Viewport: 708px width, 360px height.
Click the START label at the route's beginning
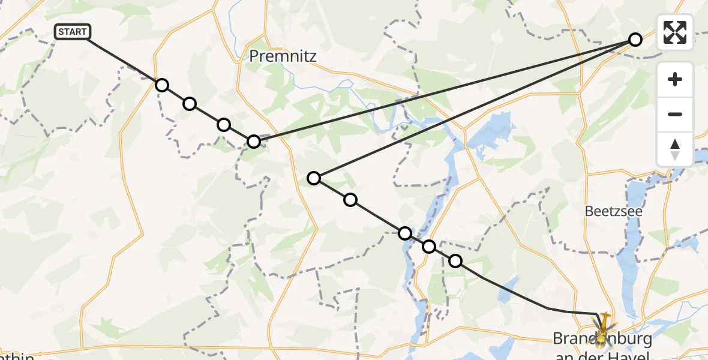[x=73, y=32]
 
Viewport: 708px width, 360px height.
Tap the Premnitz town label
[x=283, y=56]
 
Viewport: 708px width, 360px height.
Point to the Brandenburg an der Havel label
[x=602, y=346]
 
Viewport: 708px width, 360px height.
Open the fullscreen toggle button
[x=675, y=32]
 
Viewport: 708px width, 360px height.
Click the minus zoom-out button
[x=675, y=114]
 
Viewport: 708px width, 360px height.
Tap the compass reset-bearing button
[x=675, y=149]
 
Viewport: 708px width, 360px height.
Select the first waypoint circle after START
[x=161, y=85]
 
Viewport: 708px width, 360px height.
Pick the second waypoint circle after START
[x=190, y=104]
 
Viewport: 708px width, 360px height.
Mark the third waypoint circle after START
[x=223, y=125]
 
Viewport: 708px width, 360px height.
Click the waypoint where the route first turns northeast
[x=254, y=142]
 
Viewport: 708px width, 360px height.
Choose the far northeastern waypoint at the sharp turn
[x=635, y=40]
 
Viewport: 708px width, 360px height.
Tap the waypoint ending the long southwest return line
[x=314, y=178]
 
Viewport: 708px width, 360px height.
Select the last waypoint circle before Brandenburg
[x=455, y=260]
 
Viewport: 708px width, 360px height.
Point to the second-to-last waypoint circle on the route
[x=429, y=246]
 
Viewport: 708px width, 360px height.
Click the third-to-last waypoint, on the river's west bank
[x=405, y=233]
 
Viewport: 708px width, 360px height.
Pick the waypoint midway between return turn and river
[x=350, y=199]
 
